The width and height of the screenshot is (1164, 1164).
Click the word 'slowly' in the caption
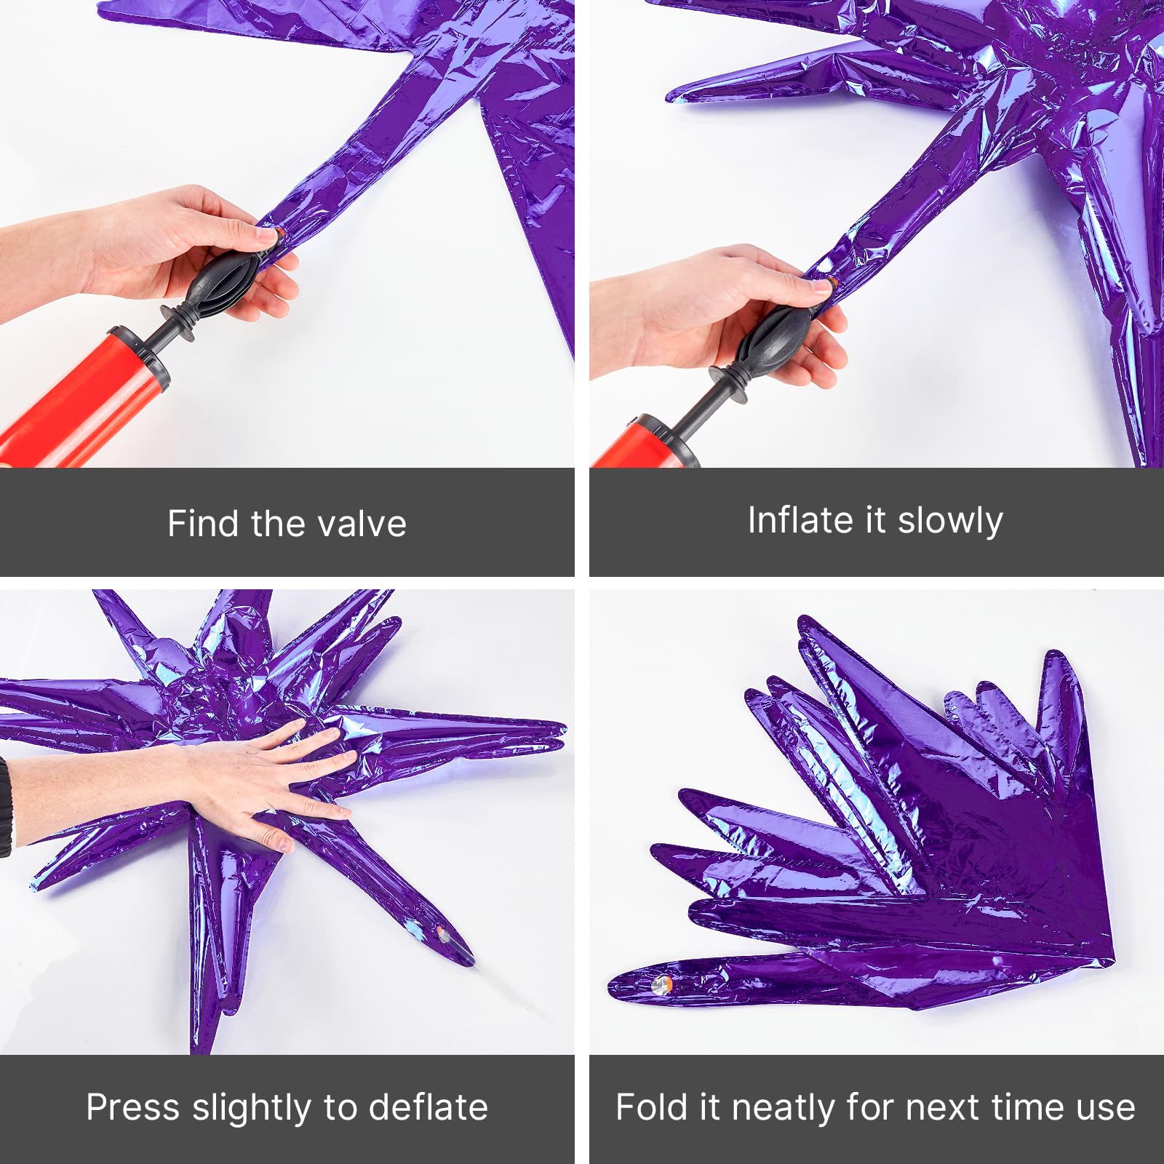click(x=950, y=521)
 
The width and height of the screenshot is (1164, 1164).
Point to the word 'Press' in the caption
click(x=132, y=1107)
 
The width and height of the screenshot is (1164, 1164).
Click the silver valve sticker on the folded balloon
click(x=661, y=985)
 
